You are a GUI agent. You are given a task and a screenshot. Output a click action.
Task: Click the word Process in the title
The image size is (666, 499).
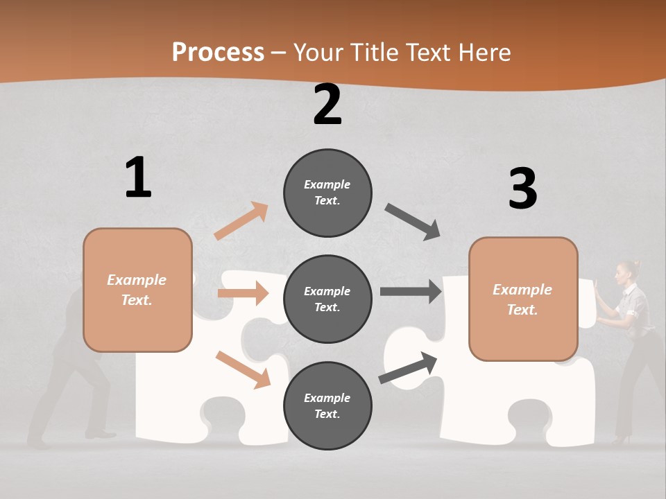click(218, 53)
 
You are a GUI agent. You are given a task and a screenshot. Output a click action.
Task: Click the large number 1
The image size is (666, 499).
click(138, 177)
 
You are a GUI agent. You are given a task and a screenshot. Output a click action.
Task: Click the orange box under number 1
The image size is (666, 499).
click(137, 290)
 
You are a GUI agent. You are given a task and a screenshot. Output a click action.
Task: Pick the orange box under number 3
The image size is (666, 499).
click(523, 299)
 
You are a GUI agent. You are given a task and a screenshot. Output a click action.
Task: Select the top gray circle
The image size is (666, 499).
click(327, 193)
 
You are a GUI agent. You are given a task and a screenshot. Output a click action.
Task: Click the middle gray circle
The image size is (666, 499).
click(327, 299)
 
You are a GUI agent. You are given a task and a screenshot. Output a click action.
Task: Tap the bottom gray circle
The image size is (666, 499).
click(327, 405)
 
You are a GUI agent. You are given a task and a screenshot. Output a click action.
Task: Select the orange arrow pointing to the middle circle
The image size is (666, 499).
click(243, 293)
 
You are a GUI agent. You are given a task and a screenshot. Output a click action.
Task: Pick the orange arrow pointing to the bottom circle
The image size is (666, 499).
click(243, 369)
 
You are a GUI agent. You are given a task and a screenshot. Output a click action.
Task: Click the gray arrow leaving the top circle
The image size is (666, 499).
click(413, 222)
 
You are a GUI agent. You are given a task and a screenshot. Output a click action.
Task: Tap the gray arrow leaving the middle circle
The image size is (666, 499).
click(411, 292)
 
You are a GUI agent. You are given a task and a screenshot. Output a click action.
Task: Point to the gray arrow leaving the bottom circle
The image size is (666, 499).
click(409, 367)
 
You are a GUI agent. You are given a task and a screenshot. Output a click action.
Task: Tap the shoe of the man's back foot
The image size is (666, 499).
click(38, 441)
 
